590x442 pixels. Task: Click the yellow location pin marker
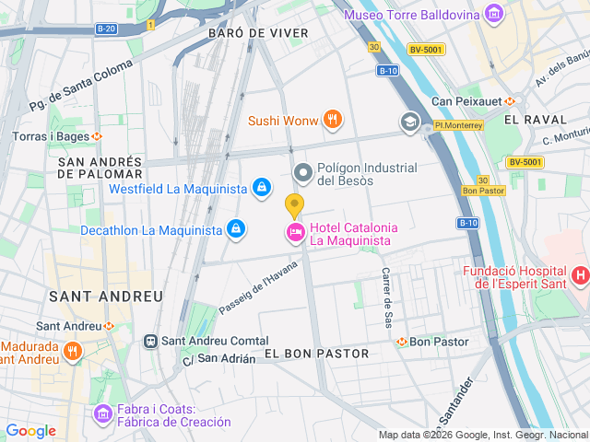coord(294,206)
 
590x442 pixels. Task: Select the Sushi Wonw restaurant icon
coord(333,120)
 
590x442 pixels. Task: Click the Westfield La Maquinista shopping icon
coord(262,189)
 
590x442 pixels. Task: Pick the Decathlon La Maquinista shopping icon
coord(237,228)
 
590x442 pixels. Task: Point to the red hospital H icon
coord(580,274)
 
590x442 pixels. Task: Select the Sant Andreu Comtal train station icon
coord(149,341)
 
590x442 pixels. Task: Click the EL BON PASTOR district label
coord(316,354)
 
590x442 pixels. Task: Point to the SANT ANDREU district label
coord(105,297)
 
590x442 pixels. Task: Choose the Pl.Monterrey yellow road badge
coord(458,124)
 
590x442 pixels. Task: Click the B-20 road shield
coord(107,29)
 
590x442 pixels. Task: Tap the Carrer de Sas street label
coord(387,297)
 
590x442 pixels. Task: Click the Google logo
coord(30,430)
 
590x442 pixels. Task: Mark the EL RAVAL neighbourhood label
coord(536,120)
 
